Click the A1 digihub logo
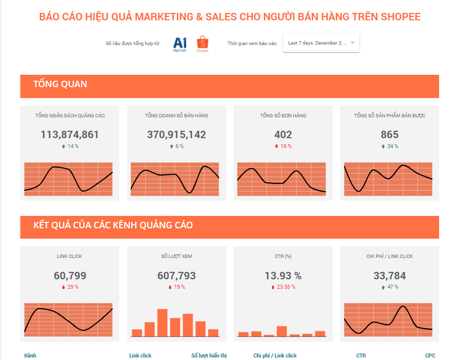[x=180, y=44]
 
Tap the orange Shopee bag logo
[x=202, y=43]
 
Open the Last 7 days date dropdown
[x=321, y=43]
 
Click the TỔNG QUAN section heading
[x=60, y=84]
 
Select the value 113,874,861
[x=70, y=135]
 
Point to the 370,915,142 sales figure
[x=176, y=135]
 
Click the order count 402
[x=283, y=135]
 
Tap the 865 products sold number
[x=390, y=135]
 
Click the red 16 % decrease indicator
[x=283, y=146]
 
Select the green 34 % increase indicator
[x=390, y=146]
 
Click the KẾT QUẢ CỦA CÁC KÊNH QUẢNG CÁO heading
[x=113, y=225]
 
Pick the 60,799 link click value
[x=70, y=276]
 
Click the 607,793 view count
[x=176, y=276]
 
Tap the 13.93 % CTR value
[x=283, y=276]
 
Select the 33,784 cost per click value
[x=390, y=276]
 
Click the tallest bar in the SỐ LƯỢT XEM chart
[x=162, y=323]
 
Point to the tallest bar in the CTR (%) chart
[x=282, y=331]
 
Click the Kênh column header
[x=30, y=356]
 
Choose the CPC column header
[x=430, y=356]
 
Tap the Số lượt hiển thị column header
[x=209, y=356]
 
